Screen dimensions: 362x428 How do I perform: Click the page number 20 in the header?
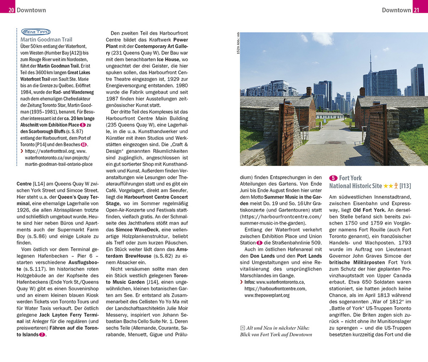11,10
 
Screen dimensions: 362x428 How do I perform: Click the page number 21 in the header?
416,10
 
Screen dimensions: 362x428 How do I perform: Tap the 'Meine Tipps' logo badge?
36,32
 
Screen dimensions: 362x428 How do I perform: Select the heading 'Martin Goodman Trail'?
46,40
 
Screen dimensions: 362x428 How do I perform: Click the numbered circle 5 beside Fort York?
333,178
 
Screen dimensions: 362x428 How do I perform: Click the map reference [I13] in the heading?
405,186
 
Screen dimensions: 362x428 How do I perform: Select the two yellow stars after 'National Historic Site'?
388,186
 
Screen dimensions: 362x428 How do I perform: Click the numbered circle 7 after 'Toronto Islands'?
42,335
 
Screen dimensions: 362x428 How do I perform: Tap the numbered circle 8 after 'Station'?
259,243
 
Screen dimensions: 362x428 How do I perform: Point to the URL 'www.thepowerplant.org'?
267,295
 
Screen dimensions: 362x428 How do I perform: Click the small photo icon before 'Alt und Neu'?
243,328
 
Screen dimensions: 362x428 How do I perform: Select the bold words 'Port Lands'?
309,256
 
